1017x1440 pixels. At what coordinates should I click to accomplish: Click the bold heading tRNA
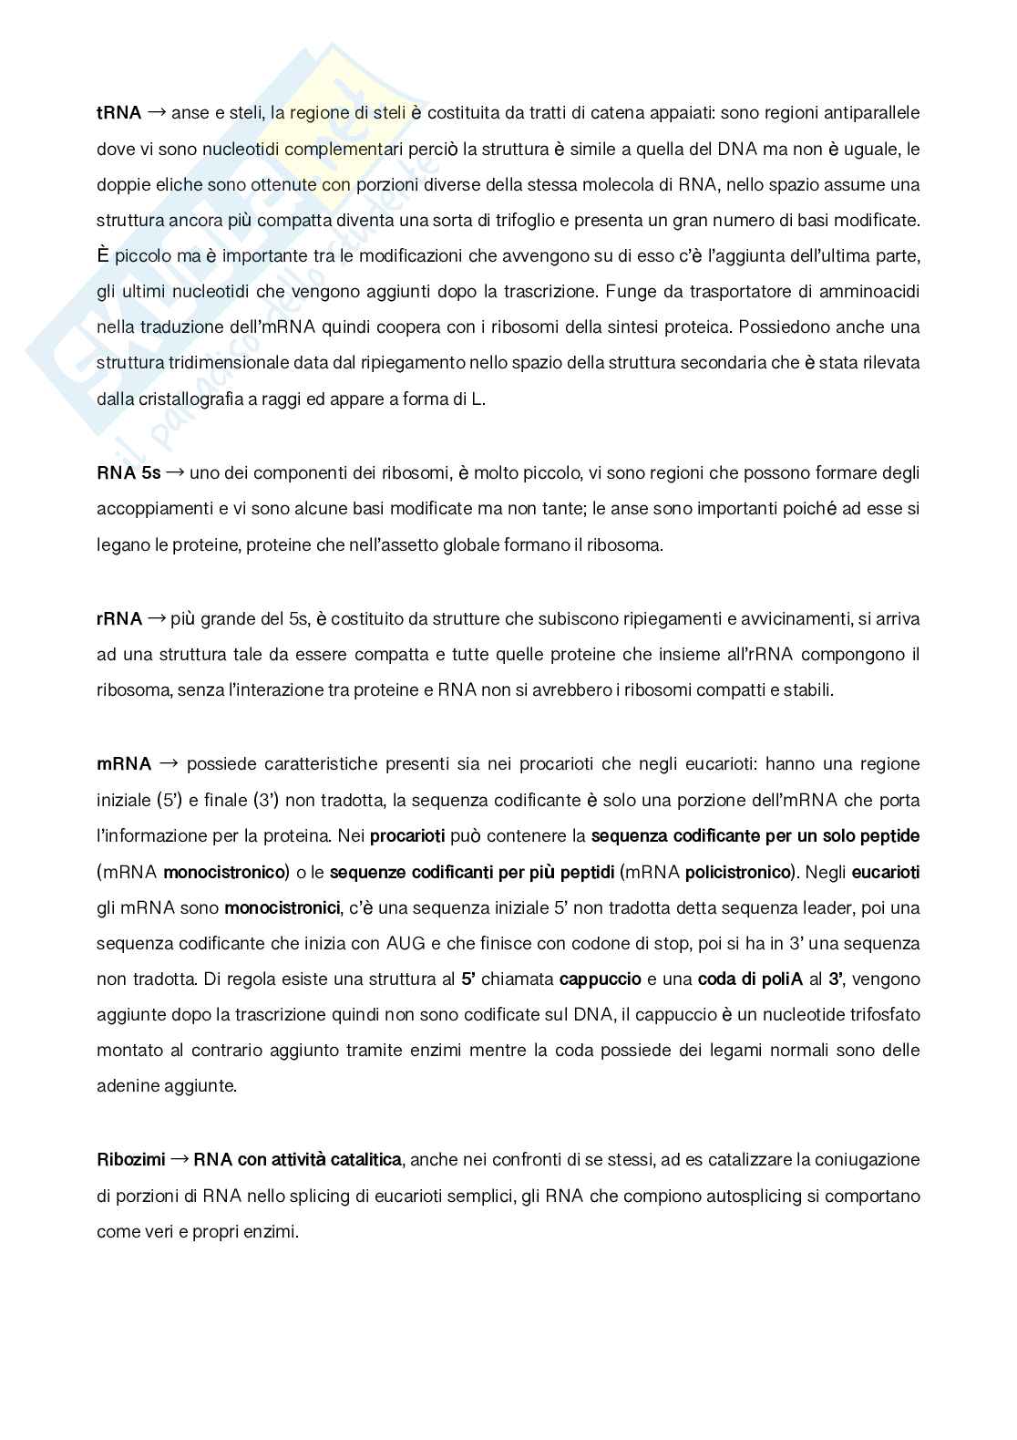[x=118, y=113]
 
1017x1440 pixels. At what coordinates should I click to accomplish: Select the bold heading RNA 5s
[x=128, y=472]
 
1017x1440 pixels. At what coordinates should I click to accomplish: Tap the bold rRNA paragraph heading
[x=118, y=618]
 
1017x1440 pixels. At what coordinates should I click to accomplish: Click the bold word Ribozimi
[x=131, y=1160]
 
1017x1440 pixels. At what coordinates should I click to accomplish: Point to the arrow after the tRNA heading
[x=157, y=113]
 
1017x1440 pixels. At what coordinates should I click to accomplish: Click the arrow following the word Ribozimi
[x=180, y=1160]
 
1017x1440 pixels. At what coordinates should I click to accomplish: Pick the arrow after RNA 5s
[x=175, y=472]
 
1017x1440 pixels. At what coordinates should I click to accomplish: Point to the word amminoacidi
[x=873, y=291]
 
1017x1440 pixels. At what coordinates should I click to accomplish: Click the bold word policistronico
[x=736, y=872]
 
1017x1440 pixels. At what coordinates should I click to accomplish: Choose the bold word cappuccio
[x=600, y=979]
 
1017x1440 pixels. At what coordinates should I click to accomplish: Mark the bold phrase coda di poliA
[x=750, y=979]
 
